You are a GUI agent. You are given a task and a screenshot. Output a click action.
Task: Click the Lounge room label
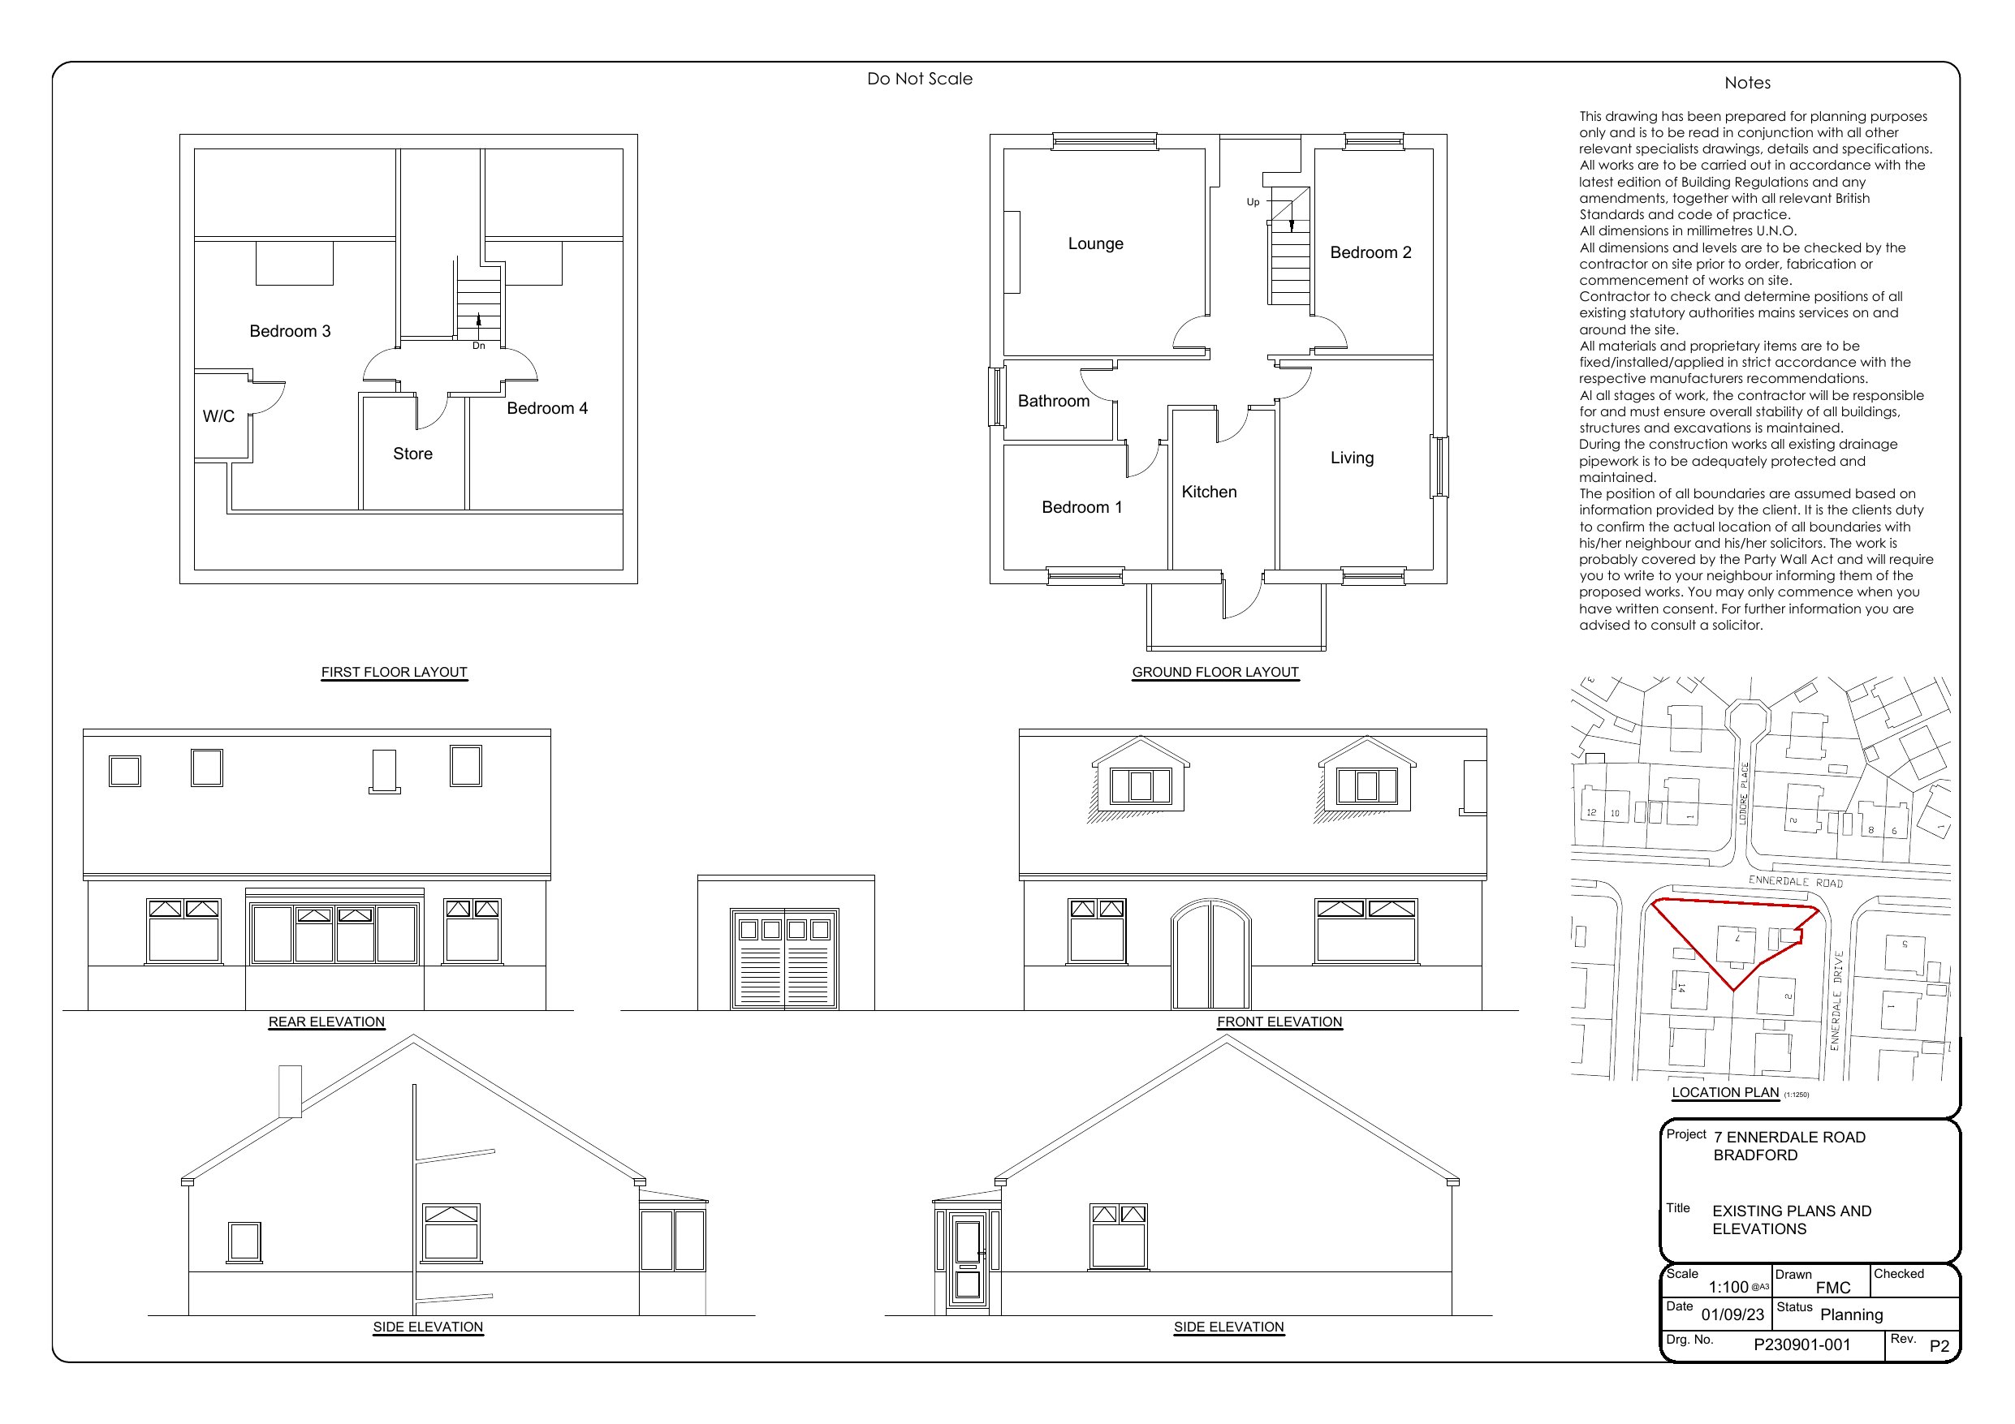click(1095, 244)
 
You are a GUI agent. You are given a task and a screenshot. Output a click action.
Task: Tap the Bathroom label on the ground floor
click(1053, 401)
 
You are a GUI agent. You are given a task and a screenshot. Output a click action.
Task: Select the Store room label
click(412, 454)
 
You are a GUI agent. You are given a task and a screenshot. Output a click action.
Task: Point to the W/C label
click(218, 416)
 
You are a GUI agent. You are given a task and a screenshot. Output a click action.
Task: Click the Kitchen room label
click(1209, 493)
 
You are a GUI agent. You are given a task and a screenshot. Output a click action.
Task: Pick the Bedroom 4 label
click(546, 408)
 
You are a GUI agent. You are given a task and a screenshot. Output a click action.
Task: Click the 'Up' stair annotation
click(1253, 202)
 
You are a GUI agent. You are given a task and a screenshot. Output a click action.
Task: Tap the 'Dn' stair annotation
click(478, 346)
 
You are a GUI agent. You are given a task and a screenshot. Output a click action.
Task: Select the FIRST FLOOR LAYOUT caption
click(394, 672)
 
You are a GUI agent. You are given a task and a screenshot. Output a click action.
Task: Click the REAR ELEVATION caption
click(326, 1022)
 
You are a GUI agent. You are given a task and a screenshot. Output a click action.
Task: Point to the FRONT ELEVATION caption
click(1279, 1022)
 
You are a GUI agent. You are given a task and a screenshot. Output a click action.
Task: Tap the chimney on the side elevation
click(290, 1091)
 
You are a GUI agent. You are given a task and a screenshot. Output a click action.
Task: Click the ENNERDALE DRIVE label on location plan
click(1836, 1000)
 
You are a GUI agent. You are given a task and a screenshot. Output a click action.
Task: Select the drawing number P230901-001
click(1801, 1345)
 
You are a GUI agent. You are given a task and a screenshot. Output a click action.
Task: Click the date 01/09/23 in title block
click(1732, 1314)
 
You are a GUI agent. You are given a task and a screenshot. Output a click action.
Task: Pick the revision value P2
click(1939, 1346)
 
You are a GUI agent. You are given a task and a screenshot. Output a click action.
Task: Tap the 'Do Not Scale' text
click(920, 79)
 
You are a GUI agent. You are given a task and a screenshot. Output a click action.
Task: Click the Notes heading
click(1747, 84)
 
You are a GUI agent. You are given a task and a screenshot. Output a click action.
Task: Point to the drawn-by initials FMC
click(1832, 1288)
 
